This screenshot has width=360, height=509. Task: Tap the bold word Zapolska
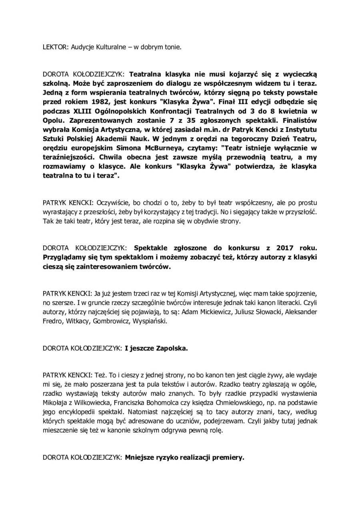pyautogui.click(x=171, y=348)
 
